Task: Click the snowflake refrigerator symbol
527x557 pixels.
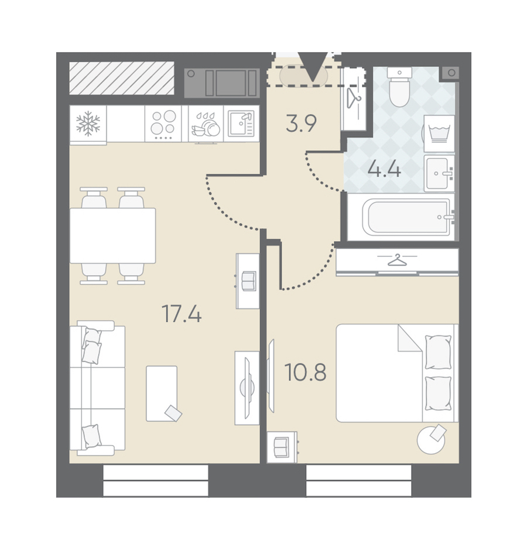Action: tap(88, 124)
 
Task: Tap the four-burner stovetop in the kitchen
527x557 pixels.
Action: tap(163, 123)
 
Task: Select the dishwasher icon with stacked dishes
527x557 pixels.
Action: tap(206, 124)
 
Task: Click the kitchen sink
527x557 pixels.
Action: tap(241, 123)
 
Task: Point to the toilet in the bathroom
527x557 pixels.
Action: tap(399, 87)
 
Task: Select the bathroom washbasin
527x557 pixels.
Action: tap(439, 174)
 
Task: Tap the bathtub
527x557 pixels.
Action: tap(407, 216)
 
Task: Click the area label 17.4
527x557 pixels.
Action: tap(182, 314)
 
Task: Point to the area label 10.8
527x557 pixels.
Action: tap(306, 372)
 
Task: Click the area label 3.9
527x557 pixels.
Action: tap(301, 124)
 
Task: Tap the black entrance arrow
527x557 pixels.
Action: tap(313, 67)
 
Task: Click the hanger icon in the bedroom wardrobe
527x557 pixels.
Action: tap(397, 260)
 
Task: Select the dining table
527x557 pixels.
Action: tap(113, 236)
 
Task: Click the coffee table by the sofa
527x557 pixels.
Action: tap(162, 393)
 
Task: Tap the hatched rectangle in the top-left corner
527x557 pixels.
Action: tap(122, 78)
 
